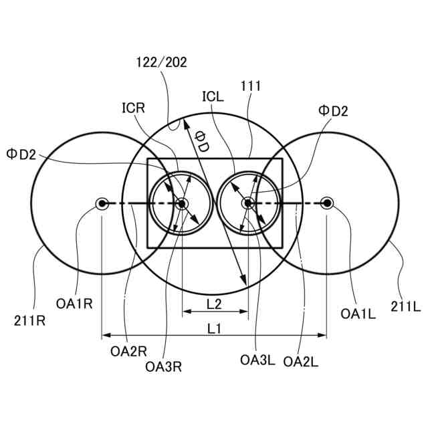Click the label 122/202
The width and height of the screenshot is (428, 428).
coord(162,62)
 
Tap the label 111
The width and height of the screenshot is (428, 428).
coord(250,86)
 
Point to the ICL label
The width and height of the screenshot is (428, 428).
coord(213,96)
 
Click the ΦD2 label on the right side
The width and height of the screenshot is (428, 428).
coord(333,111)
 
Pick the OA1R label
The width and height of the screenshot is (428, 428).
coord(74,304)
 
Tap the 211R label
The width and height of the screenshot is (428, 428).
coord(29,320)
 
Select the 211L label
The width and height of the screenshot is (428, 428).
coord(405,306)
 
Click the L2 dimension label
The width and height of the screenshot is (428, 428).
coord(215,304)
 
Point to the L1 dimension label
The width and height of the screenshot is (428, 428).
coord(215,328)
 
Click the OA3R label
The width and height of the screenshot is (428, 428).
coord(164,366)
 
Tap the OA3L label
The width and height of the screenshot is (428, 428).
coord(257,360)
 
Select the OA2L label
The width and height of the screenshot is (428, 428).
coord(301,361)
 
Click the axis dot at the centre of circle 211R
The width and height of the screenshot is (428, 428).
coord(102,203)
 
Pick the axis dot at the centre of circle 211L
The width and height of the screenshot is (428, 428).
coord(326,203)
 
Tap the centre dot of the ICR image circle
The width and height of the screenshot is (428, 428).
coord(182,203)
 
